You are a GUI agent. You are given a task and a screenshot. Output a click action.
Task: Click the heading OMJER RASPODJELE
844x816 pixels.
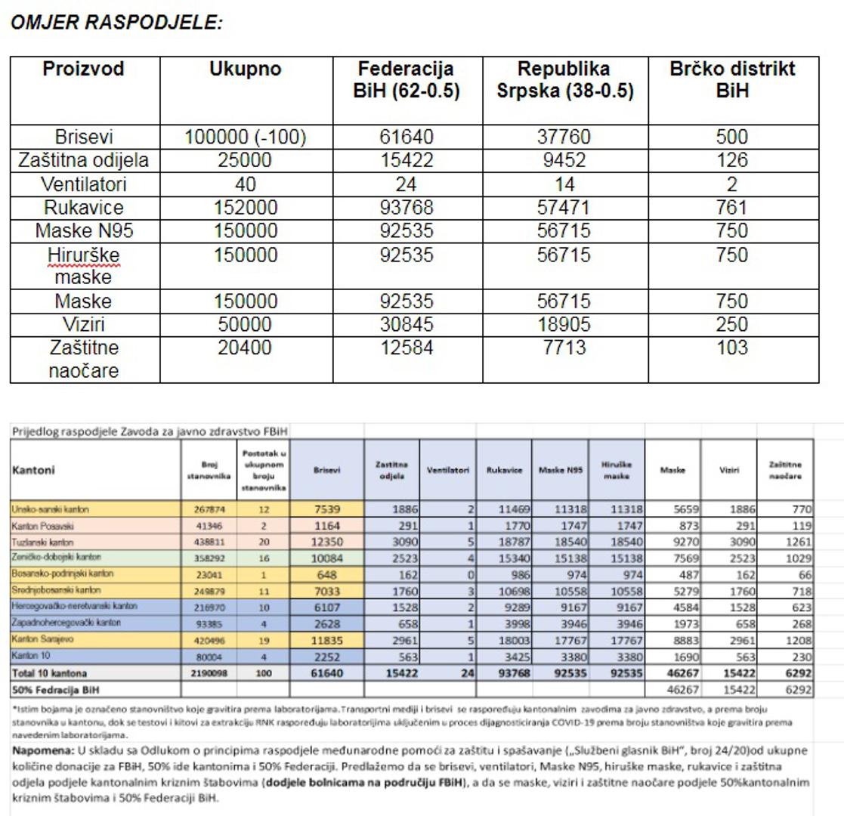(116, 23)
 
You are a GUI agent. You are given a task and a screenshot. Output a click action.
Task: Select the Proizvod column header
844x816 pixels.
(84, 70)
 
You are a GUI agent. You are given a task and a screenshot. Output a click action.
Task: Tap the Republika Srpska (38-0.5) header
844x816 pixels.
(564, 80)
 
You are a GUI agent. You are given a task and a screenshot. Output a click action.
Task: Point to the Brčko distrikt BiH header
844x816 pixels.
(732, 80)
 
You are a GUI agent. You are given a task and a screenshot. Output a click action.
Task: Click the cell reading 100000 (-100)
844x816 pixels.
(246, 138)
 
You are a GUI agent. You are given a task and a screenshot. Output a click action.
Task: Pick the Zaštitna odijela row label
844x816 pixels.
(84, 161)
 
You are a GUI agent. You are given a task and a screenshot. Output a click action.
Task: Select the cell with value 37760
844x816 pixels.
(564, 138)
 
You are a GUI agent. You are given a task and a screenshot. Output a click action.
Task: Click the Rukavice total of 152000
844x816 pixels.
(246, 208)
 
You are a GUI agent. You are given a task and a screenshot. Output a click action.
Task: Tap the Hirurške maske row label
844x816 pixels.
(84, 266)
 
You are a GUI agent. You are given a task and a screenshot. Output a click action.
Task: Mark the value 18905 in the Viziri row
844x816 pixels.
(564, 325)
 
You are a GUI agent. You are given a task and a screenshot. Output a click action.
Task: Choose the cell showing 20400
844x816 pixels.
(246, 348)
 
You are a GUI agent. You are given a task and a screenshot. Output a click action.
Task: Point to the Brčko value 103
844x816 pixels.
(732, 348)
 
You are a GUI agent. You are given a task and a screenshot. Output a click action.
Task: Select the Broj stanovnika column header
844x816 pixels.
(209, 470)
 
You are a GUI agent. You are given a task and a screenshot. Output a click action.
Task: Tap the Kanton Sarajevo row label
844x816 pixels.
(42, 639)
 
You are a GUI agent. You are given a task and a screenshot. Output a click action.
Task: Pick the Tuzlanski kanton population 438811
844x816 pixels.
(209, 542)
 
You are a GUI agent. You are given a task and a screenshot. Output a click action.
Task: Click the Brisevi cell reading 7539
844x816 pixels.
(326, 510)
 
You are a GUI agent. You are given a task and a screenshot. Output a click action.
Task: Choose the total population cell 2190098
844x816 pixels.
(209, 672)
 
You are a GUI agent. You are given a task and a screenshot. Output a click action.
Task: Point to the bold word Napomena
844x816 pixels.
(42, 751)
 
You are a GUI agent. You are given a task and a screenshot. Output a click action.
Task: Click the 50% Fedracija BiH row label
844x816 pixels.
(55, 689)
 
